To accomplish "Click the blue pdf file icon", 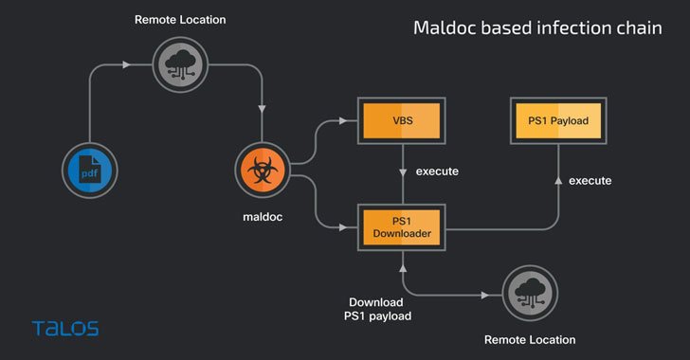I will (88, 172).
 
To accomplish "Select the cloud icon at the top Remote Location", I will (179, 64).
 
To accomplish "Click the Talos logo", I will (64, 329).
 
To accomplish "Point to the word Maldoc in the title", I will (449, 28).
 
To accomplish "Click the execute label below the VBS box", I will (437, 172).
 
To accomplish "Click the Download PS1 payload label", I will (380, 309).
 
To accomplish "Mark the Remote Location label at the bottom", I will (529, 339).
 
